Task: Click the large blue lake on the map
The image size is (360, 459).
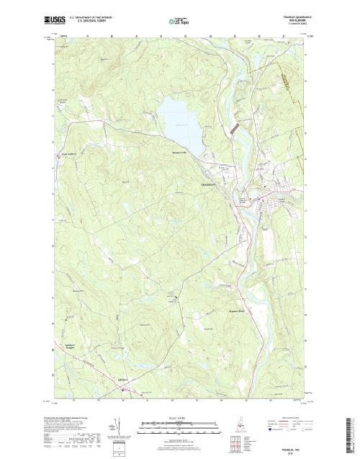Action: click(x=176, y=116)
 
